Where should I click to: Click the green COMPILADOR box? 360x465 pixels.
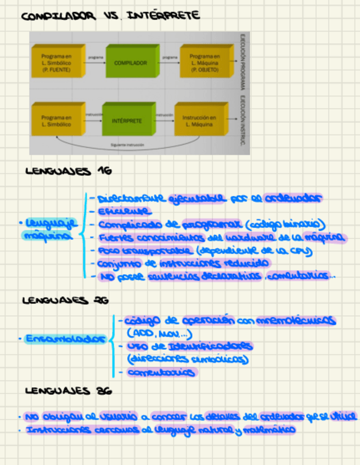click(131, 63)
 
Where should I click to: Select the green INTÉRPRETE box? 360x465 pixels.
click(127, 121)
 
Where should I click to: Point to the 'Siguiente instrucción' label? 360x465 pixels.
click(127, 145)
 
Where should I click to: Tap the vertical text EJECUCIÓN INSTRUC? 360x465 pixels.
click(241, 121)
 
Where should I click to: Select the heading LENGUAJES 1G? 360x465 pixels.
click(69, 171)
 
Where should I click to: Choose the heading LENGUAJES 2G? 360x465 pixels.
click(65, 300)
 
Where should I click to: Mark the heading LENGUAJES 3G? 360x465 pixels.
click(69, 391)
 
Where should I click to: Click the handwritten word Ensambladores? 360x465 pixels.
click(65, 339)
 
